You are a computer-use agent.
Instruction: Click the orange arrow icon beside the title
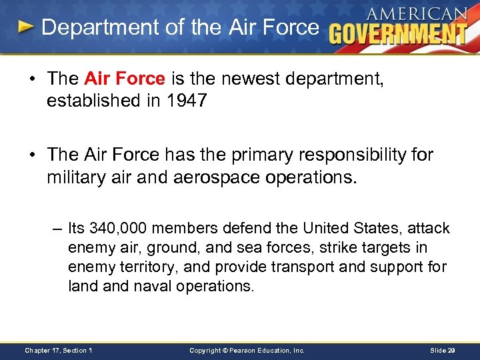pos(26,27)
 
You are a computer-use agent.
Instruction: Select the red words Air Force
pos(125,79)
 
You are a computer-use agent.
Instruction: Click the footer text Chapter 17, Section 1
pos(59,350)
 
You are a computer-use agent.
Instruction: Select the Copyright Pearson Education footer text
pos(247,350)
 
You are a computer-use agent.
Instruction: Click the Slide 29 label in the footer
pos(442,350)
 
